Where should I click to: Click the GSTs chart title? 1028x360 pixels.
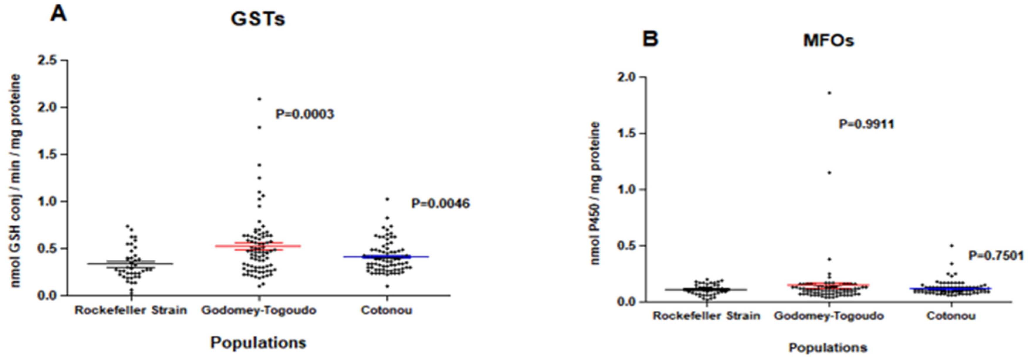(x=258, y=19)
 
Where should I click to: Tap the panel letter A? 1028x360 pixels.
(x=58, y=14)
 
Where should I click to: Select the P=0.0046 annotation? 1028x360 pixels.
(x=441, y=204)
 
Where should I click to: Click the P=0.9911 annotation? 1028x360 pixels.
(x=866, y=124)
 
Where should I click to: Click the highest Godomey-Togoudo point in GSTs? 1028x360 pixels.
(x=259, y=99)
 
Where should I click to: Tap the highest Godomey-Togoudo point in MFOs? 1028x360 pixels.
(x=829, y=93)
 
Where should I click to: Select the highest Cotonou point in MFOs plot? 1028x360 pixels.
(x=951, y=246)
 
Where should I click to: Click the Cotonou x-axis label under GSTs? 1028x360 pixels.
(x=386, y=310)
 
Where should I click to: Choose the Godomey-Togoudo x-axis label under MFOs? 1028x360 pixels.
(x=829, y=316)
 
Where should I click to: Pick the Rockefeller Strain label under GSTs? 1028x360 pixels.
(x=131, y=310)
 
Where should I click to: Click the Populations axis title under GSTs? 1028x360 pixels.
(x=258, y=342)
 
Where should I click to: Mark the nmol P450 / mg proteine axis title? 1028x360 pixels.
(x=595, y=194)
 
